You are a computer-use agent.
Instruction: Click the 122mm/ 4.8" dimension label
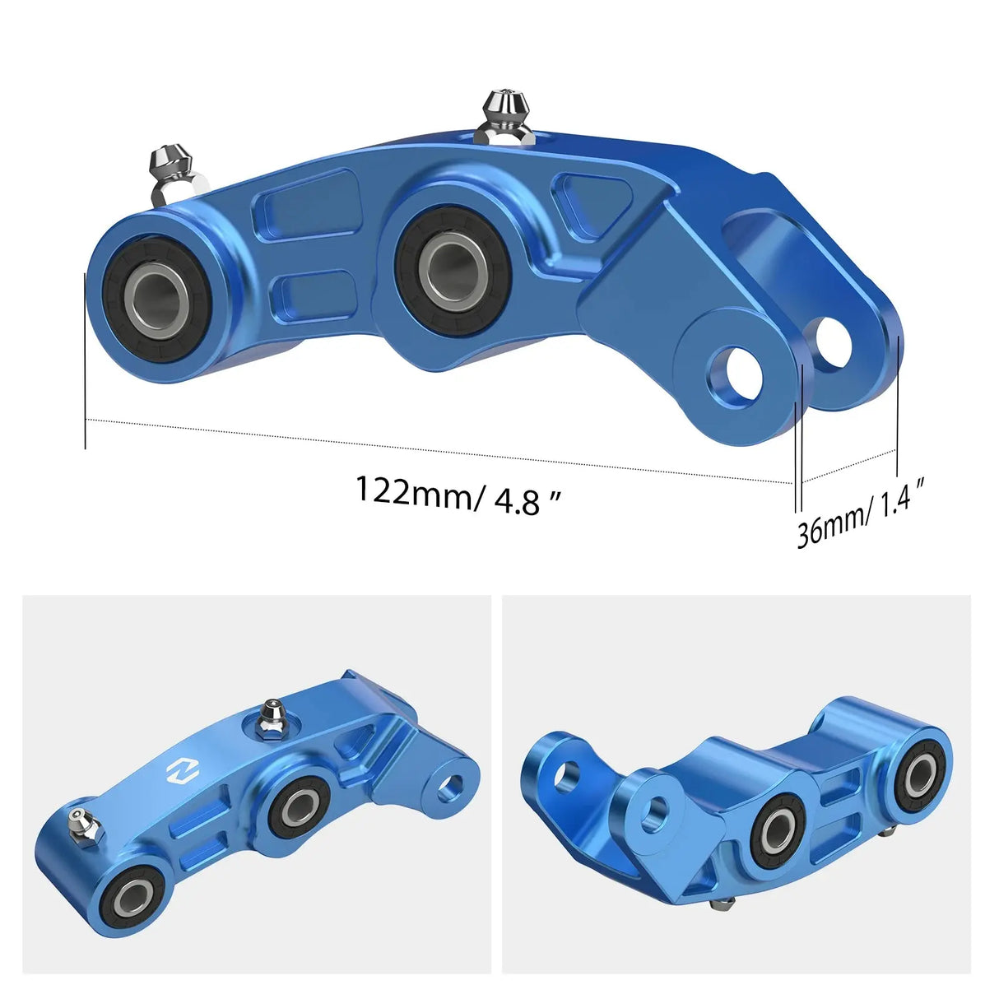pyautogui.click(x=458, y=494)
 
